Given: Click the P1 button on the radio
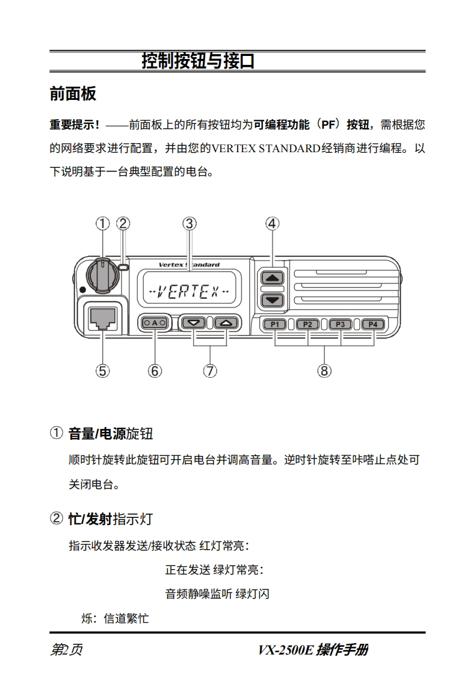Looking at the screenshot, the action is [x=275, y=324].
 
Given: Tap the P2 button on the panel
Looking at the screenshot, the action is [x=308, y=324].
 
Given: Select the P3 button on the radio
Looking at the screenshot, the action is [x=340, y=324].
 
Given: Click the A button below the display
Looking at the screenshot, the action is [x=155, y=323].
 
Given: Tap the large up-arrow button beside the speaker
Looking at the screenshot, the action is [x=273, y=278].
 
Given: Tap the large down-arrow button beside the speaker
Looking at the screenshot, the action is [x=273, y=300].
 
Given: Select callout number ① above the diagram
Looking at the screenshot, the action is [x=102, y=224].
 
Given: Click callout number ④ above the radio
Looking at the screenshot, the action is [x=273, y=224].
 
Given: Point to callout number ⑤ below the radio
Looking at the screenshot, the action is [x=102, y=371].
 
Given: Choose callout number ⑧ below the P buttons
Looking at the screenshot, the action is [x=324, y=371].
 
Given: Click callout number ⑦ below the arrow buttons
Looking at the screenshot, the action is [x=209, y=371].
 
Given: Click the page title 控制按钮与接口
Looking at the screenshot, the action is [x=197, y=61].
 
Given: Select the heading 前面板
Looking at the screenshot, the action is [x=73, y=94].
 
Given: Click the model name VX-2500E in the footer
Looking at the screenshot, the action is [x=286, y=650].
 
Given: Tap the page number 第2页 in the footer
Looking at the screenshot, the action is [x=66, y=650].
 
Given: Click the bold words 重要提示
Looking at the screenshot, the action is [x=75, y=125].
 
